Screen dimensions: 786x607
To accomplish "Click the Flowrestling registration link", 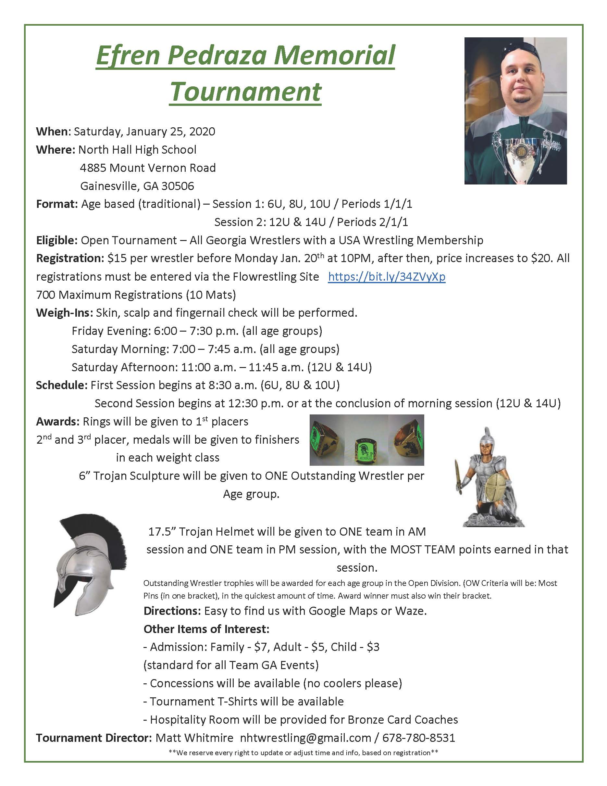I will click(x=387, y=276).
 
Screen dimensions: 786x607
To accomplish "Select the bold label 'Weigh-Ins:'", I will click(x=64, y=313).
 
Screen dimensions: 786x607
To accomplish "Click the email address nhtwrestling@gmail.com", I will click(x=305, y=738).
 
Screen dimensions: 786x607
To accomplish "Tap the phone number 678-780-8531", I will click(x=419, y=738).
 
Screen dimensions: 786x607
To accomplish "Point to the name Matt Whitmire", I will click(x=194, y=738).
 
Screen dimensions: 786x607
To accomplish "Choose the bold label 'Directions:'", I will click(x=172, y=611).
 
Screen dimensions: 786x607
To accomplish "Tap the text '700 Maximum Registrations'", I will click(x=109, y=295).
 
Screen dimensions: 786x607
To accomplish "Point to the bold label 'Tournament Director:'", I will click(x=94, y=738).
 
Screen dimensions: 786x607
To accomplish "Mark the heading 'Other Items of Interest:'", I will click(x=206, y=629).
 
